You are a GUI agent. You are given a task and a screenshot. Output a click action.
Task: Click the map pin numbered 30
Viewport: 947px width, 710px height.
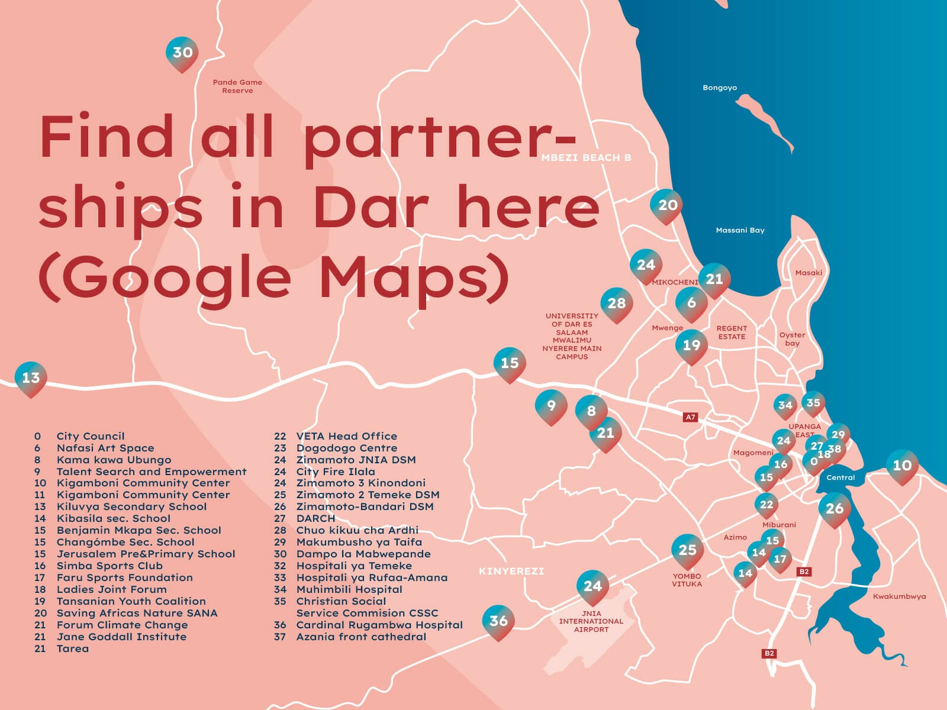(182, 53)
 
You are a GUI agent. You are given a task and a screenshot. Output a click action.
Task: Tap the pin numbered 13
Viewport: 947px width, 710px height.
(31, 377)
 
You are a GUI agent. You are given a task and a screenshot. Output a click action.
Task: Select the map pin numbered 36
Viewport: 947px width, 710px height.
(498, 621)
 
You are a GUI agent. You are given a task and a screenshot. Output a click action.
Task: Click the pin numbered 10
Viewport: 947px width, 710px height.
(902, 466)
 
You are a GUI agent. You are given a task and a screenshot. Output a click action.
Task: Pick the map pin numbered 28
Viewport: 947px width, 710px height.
(616, 304)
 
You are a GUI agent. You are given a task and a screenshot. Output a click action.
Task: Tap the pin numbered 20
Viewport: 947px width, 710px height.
(667, 205)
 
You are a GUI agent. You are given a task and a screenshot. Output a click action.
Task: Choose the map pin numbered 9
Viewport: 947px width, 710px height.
(551, 406)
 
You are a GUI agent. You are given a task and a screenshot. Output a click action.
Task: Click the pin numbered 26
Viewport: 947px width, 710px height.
(835, 508)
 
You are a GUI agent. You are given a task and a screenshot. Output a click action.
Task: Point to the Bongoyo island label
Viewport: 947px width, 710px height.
(720, 88)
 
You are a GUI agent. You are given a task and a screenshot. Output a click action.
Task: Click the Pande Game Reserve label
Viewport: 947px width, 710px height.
(237, 86)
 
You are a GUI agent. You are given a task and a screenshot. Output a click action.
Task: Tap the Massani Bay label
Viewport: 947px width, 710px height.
(740, 230)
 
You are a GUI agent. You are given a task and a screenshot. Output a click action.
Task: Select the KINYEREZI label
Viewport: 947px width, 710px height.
(511, 571)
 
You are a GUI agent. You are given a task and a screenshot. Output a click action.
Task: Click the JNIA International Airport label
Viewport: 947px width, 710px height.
(591, 621)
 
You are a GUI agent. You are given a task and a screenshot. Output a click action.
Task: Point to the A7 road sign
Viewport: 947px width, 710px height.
(690, 417)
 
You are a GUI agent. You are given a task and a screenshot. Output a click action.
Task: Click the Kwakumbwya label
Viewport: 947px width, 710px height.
(899, 596)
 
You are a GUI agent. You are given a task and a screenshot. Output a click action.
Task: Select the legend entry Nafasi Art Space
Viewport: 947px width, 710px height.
(105, 448)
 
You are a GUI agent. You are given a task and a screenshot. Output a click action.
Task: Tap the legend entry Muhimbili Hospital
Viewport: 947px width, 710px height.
(349, 589)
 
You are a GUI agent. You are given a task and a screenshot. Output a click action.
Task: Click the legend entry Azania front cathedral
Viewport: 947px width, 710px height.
(361, 637)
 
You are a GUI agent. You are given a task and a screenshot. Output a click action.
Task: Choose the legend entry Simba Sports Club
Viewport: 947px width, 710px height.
(109, 566)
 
